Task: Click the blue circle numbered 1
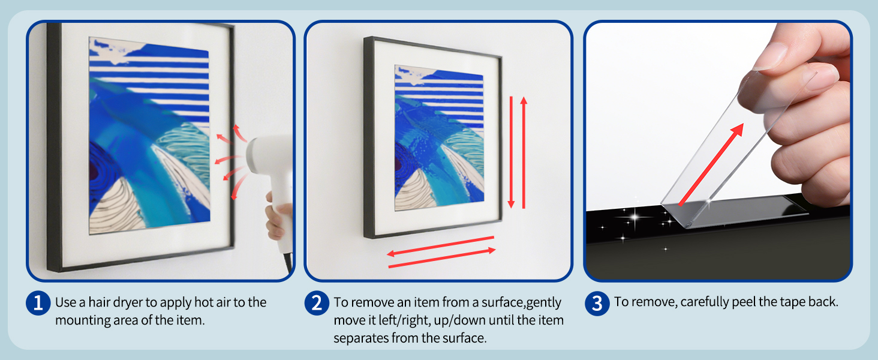point(38,303)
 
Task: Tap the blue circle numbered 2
point(317,303)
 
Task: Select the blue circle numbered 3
point(597,303)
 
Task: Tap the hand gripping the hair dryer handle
point(278,215)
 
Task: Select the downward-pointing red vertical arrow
point(511,152)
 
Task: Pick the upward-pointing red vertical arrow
point(524,152)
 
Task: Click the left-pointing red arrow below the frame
point(440,246)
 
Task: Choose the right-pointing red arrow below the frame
point(442,258)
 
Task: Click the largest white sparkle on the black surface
point(636,217)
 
